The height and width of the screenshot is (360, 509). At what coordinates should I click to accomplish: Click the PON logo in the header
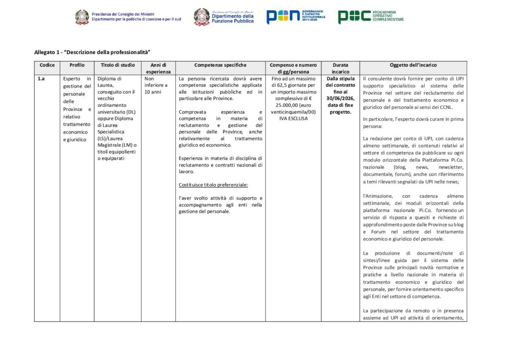pos(296,16)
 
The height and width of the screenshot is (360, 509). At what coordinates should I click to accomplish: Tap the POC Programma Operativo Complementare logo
pos(370,16)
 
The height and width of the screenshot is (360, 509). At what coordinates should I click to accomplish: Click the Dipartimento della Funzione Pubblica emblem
pos(201,16)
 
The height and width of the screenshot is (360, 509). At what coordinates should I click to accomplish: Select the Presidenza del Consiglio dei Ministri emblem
pos(82,17)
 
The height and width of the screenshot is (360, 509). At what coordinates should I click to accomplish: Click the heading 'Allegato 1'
pos(92,52)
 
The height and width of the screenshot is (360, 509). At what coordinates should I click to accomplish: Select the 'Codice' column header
pos(47,65)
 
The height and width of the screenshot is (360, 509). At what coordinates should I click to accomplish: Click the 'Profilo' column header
pos(77,65)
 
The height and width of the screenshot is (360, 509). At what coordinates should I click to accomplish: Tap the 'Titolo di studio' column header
pos(118,65)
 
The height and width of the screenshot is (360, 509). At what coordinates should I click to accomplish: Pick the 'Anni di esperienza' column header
pos(158,68)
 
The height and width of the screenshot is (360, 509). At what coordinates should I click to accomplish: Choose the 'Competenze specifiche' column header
pos(220,65)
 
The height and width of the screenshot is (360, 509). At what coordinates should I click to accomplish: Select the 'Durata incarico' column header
pos(340,68)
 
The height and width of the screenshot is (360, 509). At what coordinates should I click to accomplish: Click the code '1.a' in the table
pos(42,79)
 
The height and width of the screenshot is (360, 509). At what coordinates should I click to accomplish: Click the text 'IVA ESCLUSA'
pos(293,118)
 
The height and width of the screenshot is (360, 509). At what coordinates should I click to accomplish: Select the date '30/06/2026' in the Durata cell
pos(340,98)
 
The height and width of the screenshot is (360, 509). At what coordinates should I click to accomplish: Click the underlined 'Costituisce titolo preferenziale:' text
pos(213,185)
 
